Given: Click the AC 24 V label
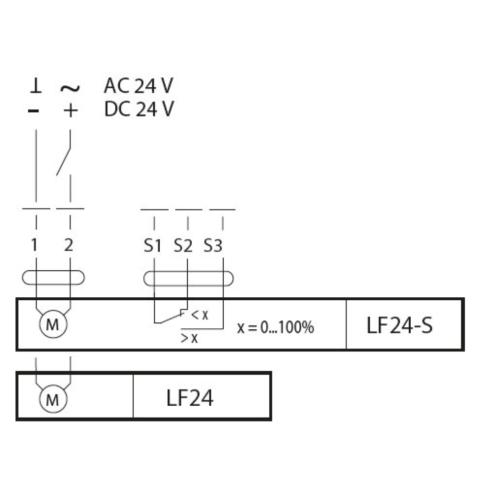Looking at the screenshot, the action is coord(139,85).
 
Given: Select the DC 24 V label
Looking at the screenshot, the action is coord(139,109).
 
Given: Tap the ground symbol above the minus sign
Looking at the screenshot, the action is coord(36,86).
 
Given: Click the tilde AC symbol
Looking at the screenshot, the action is coord(70,88).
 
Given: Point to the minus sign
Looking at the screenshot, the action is coord(34,110).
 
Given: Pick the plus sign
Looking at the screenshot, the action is coord(70,110).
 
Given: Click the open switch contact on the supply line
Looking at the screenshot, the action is coord(64,161).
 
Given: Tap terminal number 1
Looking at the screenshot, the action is coord(35,245).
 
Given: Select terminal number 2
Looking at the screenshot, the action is coord(69,245).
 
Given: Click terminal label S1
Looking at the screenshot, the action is coord(152,246).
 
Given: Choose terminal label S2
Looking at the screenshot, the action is coord(183,246).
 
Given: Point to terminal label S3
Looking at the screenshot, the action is coord(213,246).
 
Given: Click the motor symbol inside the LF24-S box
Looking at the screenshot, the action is coord(53,324).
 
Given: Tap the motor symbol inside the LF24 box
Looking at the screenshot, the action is coord(53,399).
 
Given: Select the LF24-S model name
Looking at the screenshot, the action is coord(400,325).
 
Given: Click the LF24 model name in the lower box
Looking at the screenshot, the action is coord(190,398).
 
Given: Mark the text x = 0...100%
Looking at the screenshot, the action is coord(276,327).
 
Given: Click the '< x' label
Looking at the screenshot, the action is coord(200,315).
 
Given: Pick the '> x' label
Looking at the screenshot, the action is coord(189,338).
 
